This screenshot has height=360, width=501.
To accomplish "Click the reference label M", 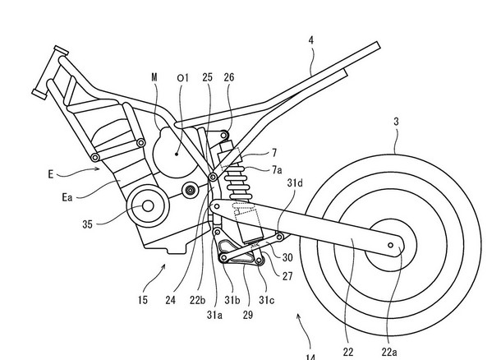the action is click(x=154, y=77).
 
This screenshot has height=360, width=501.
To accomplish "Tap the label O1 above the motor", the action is click(x=183, y=78).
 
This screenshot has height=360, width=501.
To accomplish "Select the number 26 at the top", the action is click(x=229, y=77).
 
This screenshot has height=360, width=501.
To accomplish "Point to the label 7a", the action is click(x=277, y=169).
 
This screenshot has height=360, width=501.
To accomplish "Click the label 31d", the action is click(x=295, y=183).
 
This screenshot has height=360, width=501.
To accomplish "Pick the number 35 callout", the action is click(x=87, y=224).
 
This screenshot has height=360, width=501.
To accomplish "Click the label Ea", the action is click(x=67, y=197).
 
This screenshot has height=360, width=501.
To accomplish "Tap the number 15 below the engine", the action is click(x=143, y=300).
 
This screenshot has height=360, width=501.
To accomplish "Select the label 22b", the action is click(x=197, y=300).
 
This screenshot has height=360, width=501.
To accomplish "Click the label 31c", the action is click(x=266, y=300).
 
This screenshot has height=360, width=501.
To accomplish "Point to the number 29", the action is click(x=247, y=315).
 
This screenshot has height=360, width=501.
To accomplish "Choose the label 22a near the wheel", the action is click(x=389, y=352).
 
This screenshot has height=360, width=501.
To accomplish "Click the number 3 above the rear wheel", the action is click(x=396, y=122).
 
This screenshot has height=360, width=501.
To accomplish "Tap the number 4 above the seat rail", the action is click(x=311, y=40).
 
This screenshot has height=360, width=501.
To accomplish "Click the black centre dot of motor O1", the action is click(x=177, y=154).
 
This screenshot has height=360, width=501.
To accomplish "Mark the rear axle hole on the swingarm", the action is click(x=390, y=245).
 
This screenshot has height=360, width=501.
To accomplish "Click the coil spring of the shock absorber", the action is click(x=237, y=183).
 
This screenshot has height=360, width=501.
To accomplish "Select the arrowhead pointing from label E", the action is click(x=98, y=168).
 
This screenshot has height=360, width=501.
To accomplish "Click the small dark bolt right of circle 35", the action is click(x=190, y=191).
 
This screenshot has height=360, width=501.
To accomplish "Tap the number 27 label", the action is click(x=287, y=276).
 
